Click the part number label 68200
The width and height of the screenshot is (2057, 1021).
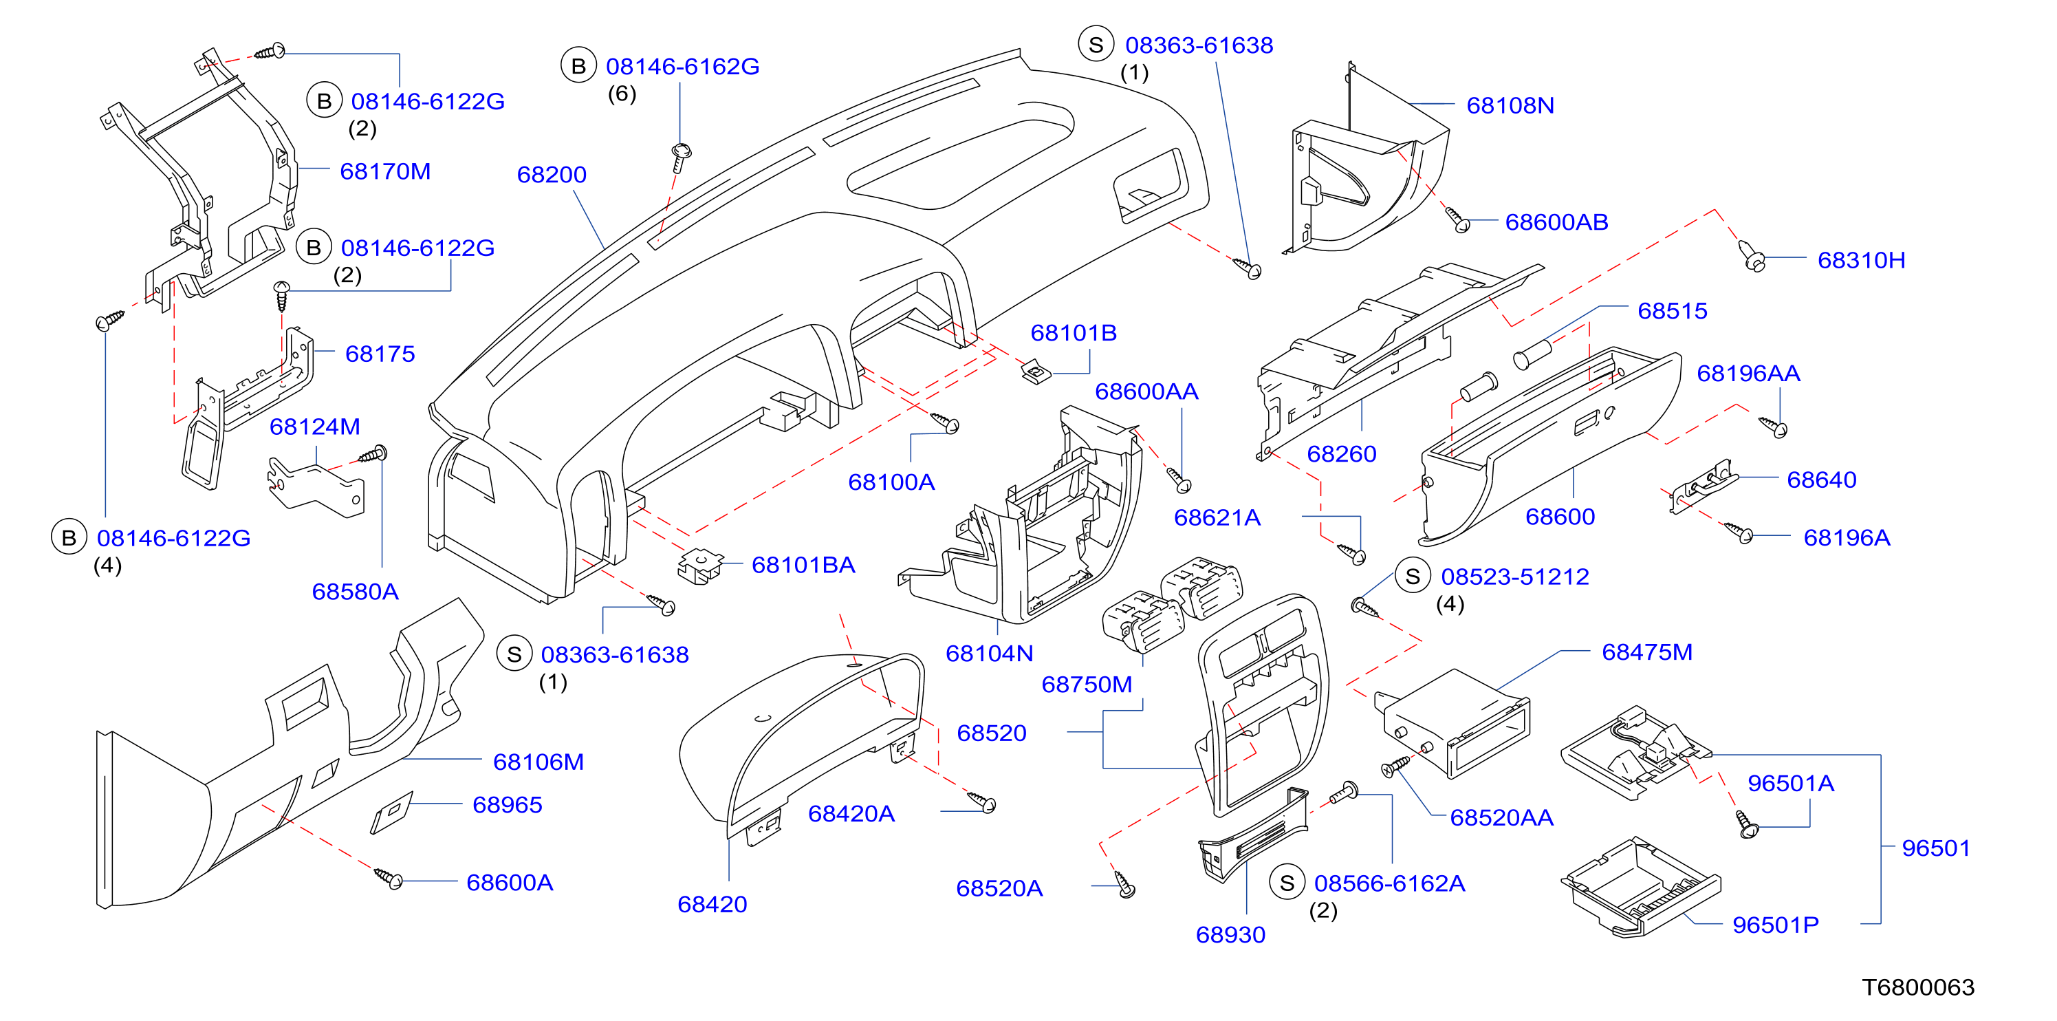(552, 174)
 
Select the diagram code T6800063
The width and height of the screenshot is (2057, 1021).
(1918, 987)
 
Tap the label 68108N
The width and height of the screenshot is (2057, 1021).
(1510, 105)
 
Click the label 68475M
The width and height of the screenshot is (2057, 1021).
(1647, 652)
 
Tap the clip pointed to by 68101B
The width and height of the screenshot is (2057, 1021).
(1036, 372)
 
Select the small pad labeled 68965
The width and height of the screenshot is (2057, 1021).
(392, 813)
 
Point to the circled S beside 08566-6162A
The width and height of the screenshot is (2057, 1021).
(1287, 883)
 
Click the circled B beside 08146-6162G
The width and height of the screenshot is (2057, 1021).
(579, 66)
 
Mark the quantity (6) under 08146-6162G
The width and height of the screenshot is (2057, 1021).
(622, 94)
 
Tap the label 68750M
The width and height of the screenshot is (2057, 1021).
(1087, 685)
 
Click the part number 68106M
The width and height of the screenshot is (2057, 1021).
(538, 762)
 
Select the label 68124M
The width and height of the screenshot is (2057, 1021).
(314, 427)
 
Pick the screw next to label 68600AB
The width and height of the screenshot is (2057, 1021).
(1457, 218)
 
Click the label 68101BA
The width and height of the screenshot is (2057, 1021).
(803, 565)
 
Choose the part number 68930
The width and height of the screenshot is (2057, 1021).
(1230, 935)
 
